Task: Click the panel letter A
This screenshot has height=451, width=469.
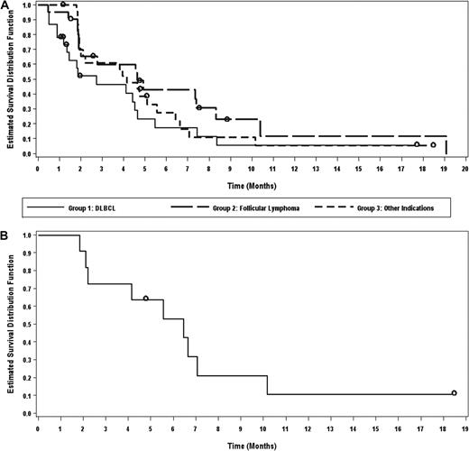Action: tap(5, 6)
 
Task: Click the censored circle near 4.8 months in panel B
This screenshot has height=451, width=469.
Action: tap(146, 298)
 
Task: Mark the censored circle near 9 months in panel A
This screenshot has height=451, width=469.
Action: tap(228, 119)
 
